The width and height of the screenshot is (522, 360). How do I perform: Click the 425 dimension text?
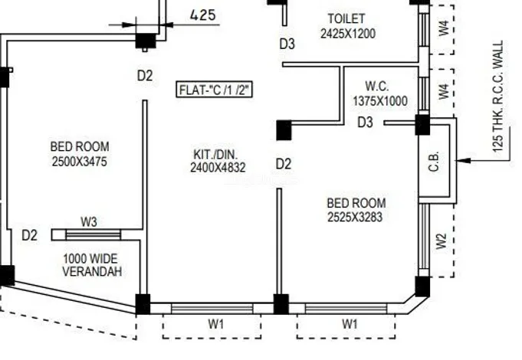click(202, 15)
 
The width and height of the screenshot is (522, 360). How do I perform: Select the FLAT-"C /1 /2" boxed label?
click(215, 90)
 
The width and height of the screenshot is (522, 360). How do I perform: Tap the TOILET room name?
click(346, 18)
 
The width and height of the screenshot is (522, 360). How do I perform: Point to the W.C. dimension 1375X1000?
click(380, 101)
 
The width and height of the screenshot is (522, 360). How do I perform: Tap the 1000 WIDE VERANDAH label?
click(92, 265)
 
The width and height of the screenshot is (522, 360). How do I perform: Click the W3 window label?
click(89, 222)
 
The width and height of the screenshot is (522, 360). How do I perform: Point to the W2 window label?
click(441, 241)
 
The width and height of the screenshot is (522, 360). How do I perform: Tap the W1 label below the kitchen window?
click(216, 324)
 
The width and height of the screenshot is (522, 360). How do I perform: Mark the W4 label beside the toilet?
click(442, 28)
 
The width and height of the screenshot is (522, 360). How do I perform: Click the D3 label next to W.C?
click(366, 123)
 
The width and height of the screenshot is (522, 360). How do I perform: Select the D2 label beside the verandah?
click(29, 235)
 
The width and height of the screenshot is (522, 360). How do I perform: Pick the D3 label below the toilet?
click(287, 44)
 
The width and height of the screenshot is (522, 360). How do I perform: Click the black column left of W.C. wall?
click(284, 130)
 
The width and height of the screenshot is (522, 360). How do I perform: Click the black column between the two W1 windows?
click(281, 304)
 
